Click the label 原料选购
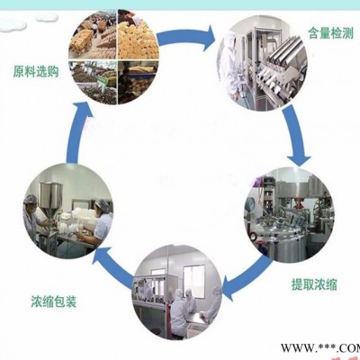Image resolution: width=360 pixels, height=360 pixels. coord(36,72)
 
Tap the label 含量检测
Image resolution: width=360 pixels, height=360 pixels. coord(330,32)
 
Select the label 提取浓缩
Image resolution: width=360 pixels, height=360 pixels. coord(314,284)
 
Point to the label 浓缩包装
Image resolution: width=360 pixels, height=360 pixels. coord(54,301)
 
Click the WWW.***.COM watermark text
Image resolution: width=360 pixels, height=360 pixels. coord(320,348)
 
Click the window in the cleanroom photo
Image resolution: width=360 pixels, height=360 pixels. coord(194,282)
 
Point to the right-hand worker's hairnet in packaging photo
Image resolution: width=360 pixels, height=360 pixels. coord(103,205)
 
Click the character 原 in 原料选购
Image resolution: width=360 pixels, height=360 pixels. coord(18,72)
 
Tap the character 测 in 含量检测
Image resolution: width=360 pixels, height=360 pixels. coord(348,32)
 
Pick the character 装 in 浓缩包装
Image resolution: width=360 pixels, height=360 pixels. coord(71,301)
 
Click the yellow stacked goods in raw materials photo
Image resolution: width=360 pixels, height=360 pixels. coord(138,39)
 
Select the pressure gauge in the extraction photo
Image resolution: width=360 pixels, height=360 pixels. coord(249,205)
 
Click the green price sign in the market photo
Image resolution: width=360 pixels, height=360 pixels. coord(103,81)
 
